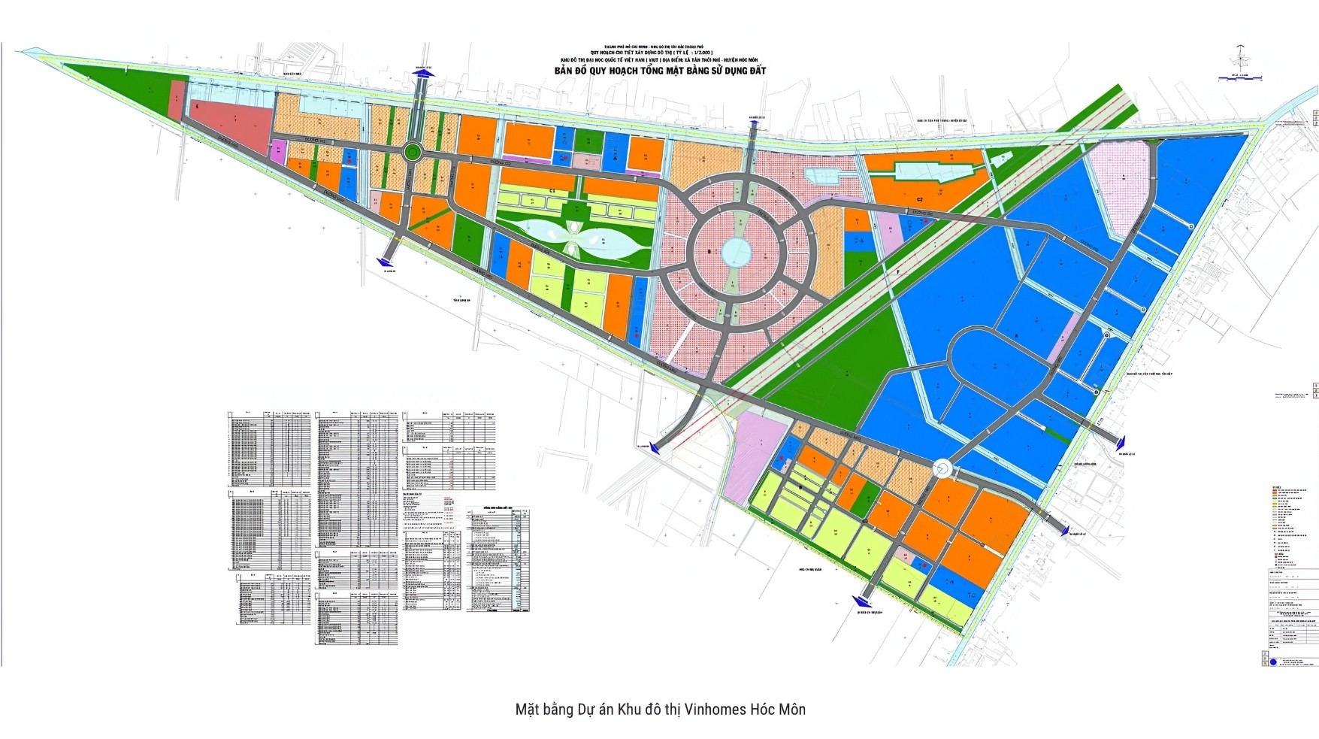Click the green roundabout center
[x=412, y=153]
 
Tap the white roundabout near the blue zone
[x=942, y=469]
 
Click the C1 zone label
[x=552, y=192]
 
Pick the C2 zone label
[x=919, y=199]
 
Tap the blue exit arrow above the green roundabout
[x=424, y=72]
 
